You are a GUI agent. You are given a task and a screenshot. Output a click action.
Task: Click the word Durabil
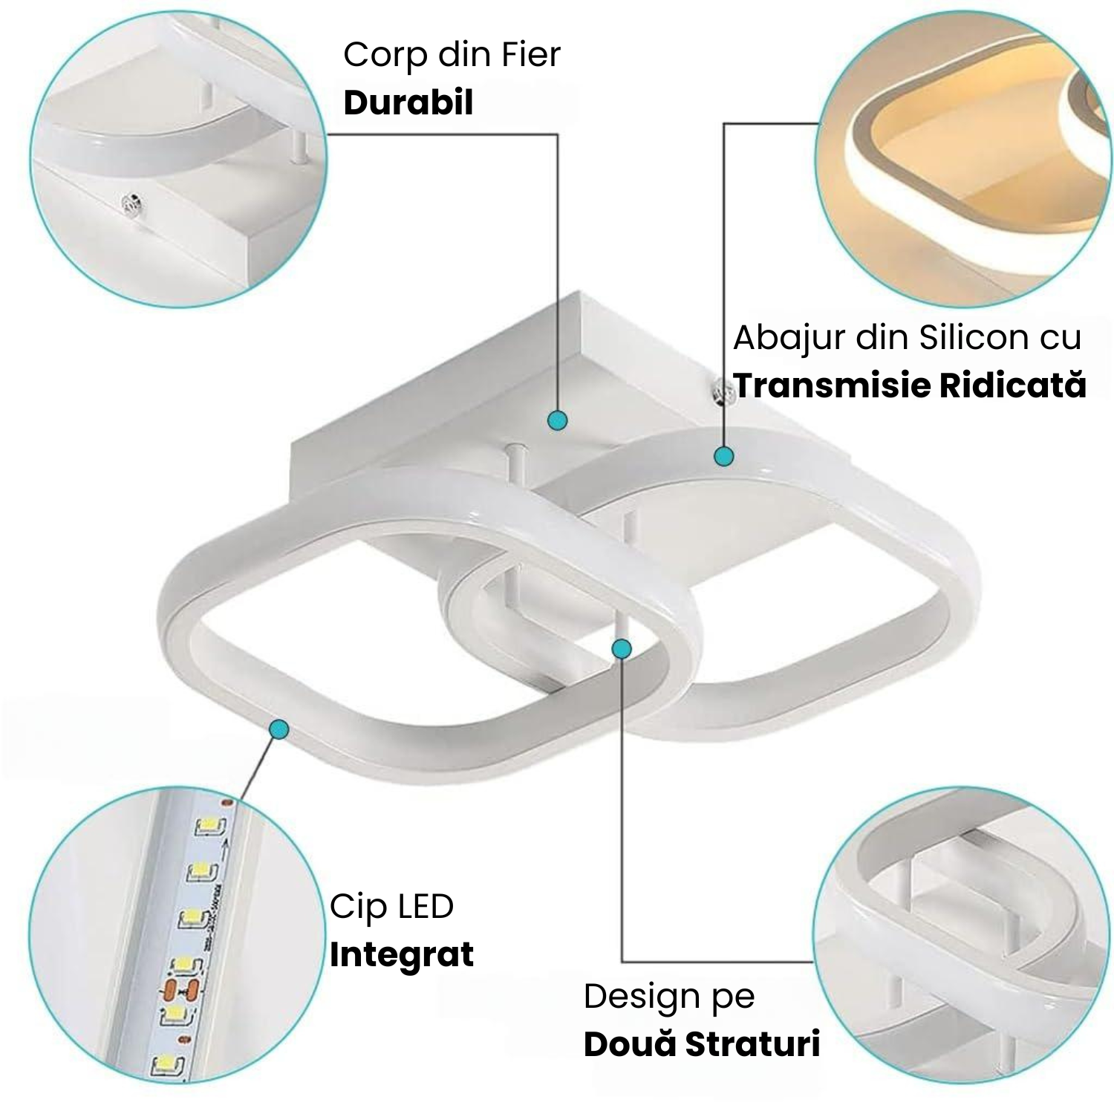coord(408,102)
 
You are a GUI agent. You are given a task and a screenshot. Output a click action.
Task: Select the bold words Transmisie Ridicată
coord(910,385)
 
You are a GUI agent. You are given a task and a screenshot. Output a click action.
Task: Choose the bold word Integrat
coord(402,955)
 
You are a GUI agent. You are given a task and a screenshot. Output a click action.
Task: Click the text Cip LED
coord(391,907)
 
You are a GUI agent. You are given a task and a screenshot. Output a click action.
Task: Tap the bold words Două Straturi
coord(702,1044)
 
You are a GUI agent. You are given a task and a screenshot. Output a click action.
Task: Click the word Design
coord(641,997)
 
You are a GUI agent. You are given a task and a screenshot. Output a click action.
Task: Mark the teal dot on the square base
coord(558,420)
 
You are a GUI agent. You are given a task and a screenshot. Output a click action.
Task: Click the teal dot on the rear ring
coord(724,456)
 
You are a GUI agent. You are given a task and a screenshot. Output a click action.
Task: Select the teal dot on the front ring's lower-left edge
coord(279,729)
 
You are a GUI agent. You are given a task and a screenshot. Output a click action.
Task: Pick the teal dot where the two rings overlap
coord(622,649)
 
